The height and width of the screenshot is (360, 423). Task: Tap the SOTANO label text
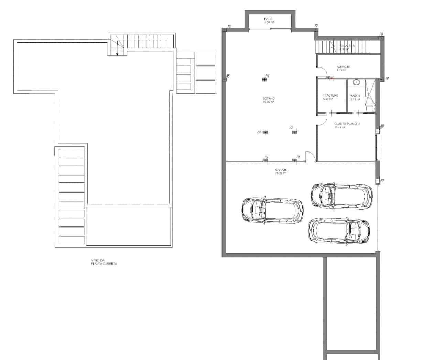[269, 99]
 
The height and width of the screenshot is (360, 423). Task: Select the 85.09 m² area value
[269, 102]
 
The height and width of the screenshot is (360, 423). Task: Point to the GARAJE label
[281, 170]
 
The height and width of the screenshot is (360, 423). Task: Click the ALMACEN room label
[344, 67]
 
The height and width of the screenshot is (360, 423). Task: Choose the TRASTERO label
[330, 95]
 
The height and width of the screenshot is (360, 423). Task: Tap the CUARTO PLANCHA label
[347, 124]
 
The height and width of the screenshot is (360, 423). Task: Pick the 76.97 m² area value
[281, 173]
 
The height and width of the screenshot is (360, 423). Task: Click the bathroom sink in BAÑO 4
[357, 82]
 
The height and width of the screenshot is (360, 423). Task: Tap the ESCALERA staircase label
[345, 46]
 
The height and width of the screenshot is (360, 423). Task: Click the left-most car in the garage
[273, 211]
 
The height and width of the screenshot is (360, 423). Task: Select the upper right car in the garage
[341, 195]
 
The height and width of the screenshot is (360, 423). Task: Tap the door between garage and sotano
[310, 157]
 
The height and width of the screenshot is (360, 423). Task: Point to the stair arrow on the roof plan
[117, 53]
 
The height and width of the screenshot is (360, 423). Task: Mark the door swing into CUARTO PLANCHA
[322, 120]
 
